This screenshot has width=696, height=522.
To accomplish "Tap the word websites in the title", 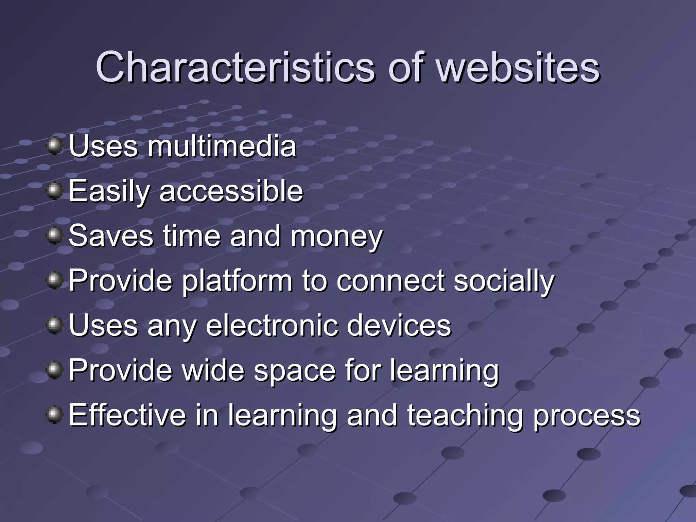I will (518, 67).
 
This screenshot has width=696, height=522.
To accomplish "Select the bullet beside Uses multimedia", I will (54, 146).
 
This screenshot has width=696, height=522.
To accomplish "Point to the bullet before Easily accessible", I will (54, 191).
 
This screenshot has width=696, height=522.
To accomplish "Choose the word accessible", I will (231, 191).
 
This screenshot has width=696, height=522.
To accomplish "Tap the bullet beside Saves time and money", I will (54, 236).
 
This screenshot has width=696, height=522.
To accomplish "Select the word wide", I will (213, 370).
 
